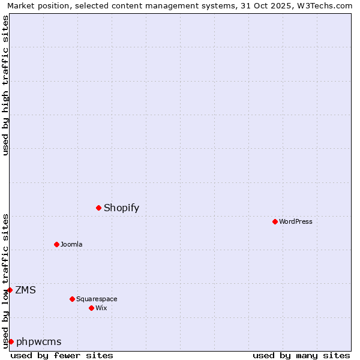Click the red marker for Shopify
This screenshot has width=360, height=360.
98,208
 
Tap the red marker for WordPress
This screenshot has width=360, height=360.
275,221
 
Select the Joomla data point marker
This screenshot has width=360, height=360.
56,244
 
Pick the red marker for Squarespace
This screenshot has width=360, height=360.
72,299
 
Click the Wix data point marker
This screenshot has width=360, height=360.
91,308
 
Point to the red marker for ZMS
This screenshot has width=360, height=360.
10,290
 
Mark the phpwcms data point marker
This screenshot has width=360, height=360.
11,341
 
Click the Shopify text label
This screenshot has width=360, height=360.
121,208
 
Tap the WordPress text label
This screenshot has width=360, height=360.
296,221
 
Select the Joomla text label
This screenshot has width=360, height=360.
71,244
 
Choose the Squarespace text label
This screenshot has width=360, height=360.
97,299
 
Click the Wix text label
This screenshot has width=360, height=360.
101,308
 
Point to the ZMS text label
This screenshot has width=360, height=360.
25,290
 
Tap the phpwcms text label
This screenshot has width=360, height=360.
39,342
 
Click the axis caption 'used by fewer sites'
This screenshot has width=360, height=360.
62,355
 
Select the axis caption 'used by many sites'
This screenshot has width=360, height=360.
301,355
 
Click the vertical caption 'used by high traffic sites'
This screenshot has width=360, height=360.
5,85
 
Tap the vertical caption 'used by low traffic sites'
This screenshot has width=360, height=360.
5,280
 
